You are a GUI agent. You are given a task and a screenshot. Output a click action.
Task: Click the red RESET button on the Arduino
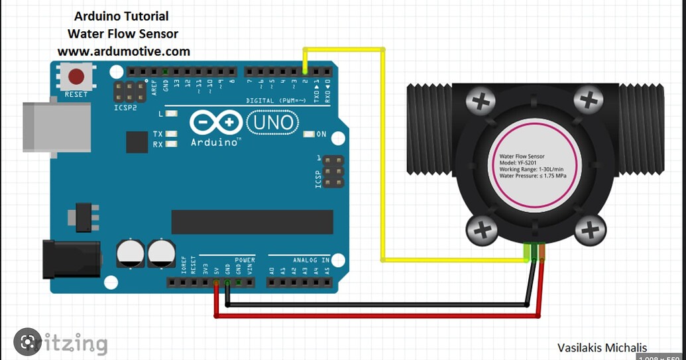point(76,76)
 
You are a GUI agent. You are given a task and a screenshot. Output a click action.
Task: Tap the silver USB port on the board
point(56,127)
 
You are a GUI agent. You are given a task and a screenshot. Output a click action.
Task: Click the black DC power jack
point(70,259)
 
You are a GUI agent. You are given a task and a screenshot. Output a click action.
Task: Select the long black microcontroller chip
point(252,222)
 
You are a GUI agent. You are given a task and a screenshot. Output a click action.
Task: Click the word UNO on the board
point(272,123)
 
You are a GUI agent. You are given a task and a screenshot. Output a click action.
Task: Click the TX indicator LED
point(172,134)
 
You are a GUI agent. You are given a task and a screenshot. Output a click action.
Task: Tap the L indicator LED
point(172,114)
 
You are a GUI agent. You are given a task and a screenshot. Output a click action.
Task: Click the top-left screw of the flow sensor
point(482,101)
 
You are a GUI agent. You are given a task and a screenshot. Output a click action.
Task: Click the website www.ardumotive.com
point(123,51)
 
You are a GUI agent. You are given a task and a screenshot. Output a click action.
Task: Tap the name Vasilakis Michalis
point(602,347)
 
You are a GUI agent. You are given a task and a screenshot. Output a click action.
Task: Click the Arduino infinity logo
point(216,123)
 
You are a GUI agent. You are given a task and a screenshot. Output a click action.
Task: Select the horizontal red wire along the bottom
point(378,316)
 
